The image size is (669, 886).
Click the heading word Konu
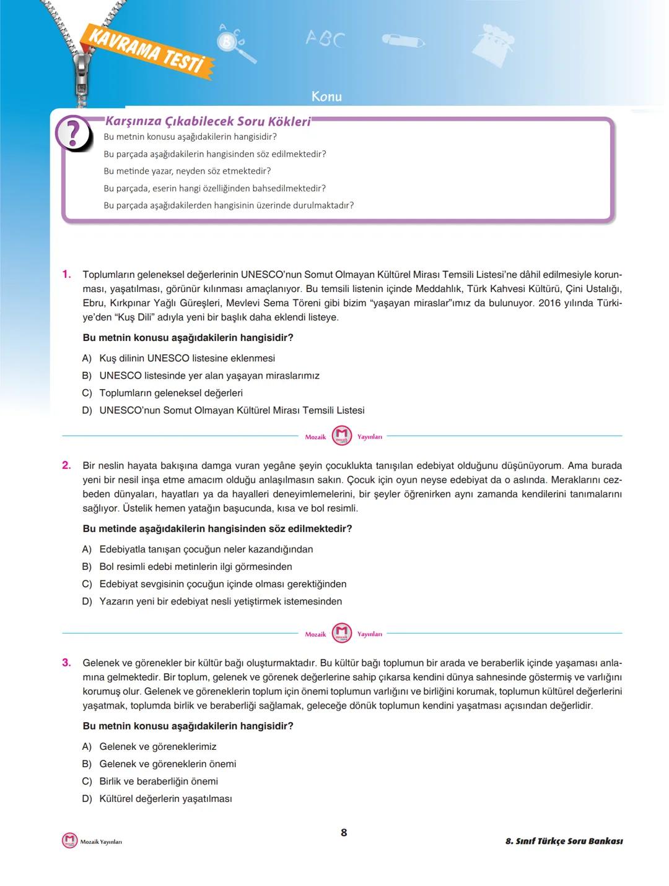coord(326,97)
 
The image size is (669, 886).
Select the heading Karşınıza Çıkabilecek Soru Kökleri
coord(208,121)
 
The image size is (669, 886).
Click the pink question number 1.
coord(67,274)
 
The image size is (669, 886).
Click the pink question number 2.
coord(67,465)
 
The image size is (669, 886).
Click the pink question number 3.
coord(67,663)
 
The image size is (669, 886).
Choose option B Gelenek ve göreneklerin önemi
coord(167,764)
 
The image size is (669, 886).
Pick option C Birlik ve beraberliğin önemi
coord(159,781)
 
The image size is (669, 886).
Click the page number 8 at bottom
coord(344,833)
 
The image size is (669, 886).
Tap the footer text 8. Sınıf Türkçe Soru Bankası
coord(564,841)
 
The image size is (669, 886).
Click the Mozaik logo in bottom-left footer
coord(69,841)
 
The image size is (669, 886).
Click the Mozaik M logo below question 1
coord(342,436)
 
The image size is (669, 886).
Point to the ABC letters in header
coord(325,39)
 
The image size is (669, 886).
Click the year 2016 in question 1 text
coord(549,303)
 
